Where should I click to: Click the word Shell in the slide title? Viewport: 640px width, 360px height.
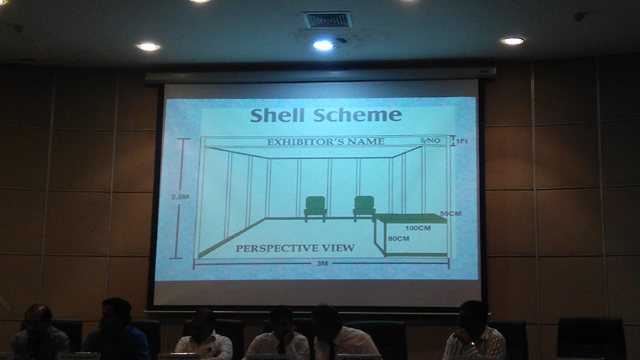[x=277, y=115]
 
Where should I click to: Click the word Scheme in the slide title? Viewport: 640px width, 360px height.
[x=357, y=115]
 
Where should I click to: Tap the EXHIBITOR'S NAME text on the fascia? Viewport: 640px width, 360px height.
[x=325, y=142]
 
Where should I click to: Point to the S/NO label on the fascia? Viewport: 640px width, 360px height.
[x=430, y=141]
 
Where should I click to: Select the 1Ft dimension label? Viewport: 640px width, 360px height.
[x=461, y=141]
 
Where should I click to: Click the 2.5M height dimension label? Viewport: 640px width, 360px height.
[x=180, y=197]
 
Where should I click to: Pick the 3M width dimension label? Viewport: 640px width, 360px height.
[x=322, y=264]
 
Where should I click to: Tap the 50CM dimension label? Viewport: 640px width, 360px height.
[x=450, y=213]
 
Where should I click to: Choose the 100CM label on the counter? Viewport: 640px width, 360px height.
[x=418, y=228]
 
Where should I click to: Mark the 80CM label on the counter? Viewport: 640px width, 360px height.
[x=398, y=238]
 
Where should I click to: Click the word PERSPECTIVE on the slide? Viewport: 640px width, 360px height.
[x=272, y=248]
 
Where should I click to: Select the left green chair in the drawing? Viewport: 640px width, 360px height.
[x=315, y=209]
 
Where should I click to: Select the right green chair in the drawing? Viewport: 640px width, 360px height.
[x=364, y=209]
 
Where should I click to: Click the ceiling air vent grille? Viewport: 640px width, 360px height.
[x=327, y=20]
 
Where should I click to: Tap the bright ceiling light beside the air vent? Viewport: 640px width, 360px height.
[x=323, y=45]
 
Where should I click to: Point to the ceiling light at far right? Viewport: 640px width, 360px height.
[x=513, y=41]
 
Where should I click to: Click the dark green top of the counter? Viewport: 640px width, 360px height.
[x=411, y=219]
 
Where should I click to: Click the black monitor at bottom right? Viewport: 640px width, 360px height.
[x=591, y=338]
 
